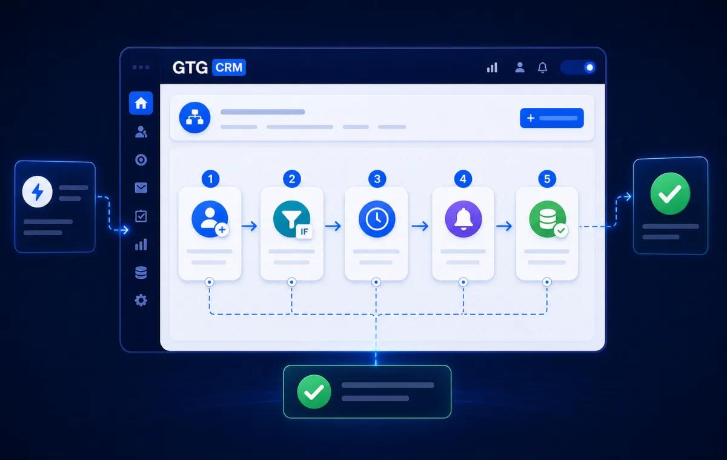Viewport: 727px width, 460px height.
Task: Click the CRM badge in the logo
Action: click(229, 67)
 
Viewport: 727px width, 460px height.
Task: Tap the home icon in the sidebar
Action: click(141, 103)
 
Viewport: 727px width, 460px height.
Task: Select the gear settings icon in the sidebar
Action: click(141, 300)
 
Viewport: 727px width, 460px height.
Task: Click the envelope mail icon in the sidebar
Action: click(141, 188)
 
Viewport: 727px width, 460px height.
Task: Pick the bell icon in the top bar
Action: click(542, 67)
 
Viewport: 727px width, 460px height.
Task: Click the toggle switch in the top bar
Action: click(579, 67)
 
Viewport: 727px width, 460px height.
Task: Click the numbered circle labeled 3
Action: click(377, 179)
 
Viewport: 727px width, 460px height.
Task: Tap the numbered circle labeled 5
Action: click(547, 179)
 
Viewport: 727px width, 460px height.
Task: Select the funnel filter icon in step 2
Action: click(291, 219)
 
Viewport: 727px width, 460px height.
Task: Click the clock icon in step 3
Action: click(377, 219)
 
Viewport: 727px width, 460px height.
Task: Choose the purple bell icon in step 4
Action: click(463, 219)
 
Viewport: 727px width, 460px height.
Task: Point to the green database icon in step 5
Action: click(548, 219)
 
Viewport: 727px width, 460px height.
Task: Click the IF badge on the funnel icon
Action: click(304, 232)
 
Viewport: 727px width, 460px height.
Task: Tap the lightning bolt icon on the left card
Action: click(38, 192)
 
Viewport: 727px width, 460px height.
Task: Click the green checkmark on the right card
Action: click(670, 193)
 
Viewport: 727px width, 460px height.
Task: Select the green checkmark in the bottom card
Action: click(314, 392)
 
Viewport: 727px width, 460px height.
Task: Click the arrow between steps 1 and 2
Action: click(250, 226)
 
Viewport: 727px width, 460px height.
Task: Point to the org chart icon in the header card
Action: click(194, 118)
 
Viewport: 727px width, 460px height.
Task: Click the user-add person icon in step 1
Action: click(210, 219)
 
